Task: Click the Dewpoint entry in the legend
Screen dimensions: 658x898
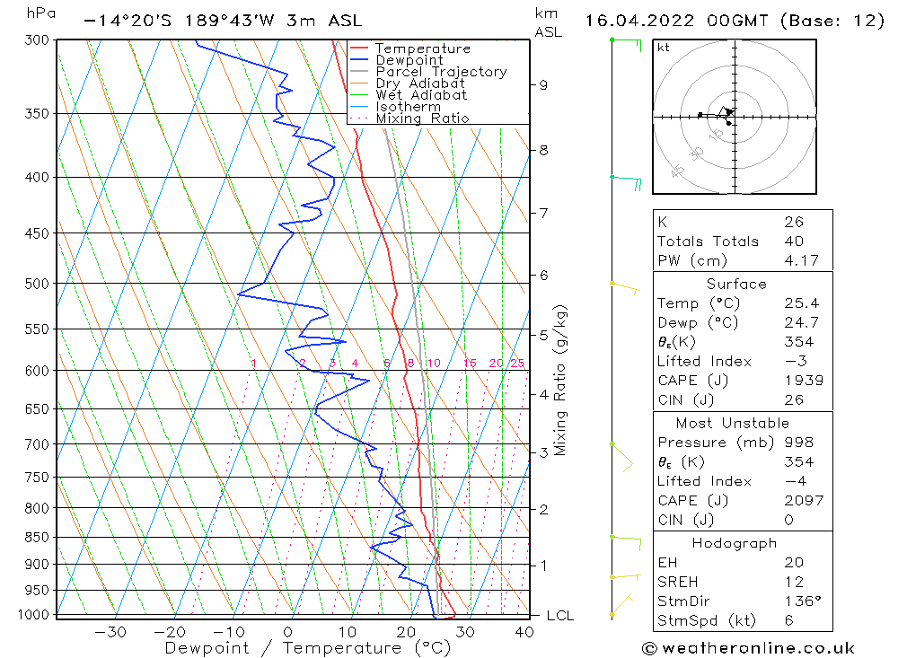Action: (x=409, y=60)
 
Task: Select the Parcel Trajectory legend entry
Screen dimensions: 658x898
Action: (x=440, y=72)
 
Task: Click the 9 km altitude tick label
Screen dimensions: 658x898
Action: (x=543, y=85)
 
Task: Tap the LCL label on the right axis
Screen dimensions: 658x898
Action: (x=559, y=616)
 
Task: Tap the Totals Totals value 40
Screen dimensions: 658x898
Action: (x=794, y=241)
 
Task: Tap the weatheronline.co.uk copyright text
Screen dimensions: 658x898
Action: (x=749, y=648)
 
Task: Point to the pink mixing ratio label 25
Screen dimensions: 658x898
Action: (x=517, y=364)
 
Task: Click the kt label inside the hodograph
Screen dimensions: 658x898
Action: (x=664, y=48)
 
